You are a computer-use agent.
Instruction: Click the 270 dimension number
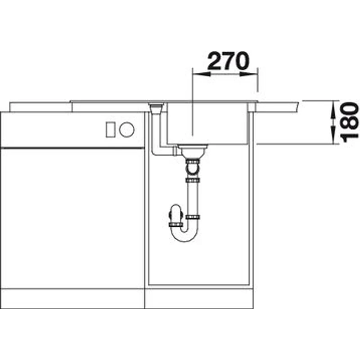tap(228, 61)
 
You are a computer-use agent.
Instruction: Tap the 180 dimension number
tap(350, 122)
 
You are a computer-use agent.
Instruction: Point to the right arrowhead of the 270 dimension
tap(248, 74)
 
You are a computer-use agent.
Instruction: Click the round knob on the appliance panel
tap(127, 130)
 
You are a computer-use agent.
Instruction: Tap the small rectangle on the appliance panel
tap(110, 130)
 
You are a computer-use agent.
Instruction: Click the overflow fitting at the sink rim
tap(157, 108)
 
